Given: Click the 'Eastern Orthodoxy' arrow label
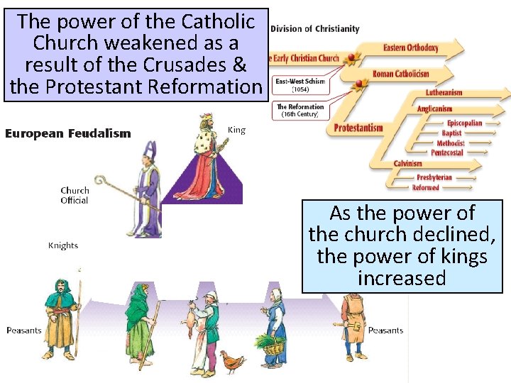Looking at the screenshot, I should coord(411,48).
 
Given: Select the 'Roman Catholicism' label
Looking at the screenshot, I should coord(400,74).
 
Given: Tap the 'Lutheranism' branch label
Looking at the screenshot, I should coord(444,92).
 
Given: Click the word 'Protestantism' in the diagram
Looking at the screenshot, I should coord(358,128).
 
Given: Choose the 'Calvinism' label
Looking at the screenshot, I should coord(408,164).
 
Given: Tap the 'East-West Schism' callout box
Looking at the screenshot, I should coord(300,86).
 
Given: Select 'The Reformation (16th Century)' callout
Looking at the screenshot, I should coord(300,111).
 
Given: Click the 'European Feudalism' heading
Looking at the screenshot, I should coord(67,133).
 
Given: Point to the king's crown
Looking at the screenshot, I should coord(207,118).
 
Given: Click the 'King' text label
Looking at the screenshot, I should coord(236,130).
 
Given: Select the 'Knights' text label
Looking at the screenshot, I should coord(63,245).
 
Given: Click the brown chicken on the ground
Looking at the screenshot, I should coord(231,361).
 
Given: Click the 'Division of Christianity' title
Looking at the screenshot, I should coord(314,29).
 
